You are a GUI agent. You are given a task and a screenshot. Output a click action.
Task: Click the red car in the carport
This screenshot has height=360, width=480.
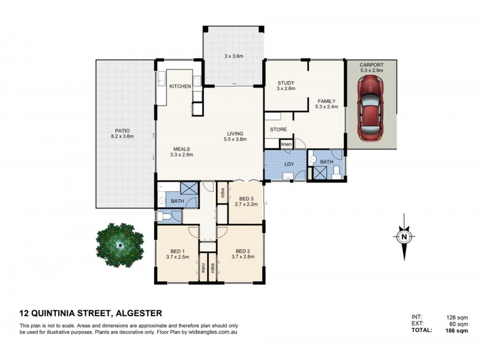pyautogui.click(x=371, y=109)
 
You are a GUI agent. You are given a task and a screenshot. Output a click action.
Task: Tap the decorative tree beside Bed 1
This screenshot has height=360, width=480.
pyautogui.click(x=119, y=245)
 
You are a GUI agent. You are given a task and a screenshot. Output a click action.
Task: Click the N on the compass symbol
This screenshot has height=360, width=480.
pyautogui.click(x=404, y=236)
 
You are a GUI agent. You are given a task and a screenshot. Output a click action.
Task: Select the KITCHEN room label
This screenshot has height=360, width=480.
pyautogui.click(x=180, y=86)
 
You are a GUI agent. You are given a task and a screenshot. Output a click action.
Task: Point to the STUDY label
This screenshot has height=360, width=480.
pyautogui.click(x=286, y=83)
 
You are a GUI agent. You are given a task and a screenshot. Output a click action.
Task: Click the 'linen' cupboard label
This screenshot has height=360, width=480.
pyautogui.click(x=286, y=144)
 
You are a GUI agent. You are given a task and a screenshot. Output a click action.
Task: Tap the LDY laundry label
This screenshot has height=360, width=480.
pyautogui.click(x=289, y=164)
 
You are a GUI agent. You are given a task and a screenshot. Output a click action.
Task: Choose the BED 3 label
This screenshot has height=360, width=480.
pyautogui.click(x=246, y=199)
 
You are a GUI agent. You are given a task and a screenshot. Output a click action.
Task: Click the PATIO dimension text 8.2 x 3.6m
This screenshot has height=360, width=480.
pyautogui.click(x=122, y=136)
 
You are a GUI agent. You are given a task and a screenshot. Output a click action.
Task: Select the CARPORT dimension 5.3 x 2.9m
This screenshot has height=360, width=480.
pyautogui.click(x=371, y=70)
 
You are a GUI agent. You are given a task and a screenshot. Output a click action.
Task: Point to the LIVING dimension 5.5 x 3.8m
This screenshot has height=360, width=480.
pyautogui.click(x=235, y=139)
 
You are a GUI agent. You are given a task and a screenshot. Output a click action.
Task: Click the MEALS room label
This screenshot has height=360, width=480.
pyautogui.click(x=182, y=149)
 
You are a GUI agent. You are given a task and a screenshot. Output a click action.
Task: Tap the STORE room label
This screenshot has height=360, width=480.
pyautogui.click(x=278, y=130)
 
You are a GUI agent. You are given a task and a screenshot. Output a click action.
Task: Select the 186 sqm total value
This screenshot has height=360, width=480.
pyautogui.click(x=457, y=331)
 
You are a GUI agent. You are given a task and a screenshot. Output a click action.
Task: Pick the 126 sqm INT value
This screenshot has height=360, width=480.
pyautogui.click(x=457, y=317)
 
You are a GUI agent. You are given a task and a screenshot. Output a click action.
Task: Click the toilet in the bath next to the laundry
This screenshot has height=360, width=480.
pyautogui.click(x=336, y=172)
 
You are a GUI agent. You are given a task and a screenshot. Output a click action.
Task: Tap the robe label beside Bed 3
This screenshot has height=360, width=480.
pyautogui.click(x=223, y=192)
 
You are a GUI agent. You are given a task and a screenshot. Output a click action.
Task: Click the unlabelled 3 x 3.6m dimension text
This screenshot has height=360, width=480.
pyautogui.click(x=233, y=56)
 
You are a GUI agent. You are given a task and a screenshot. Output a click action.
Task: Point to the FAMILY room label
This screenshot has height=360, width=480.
pyautogui.click(x=326, y=101)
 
